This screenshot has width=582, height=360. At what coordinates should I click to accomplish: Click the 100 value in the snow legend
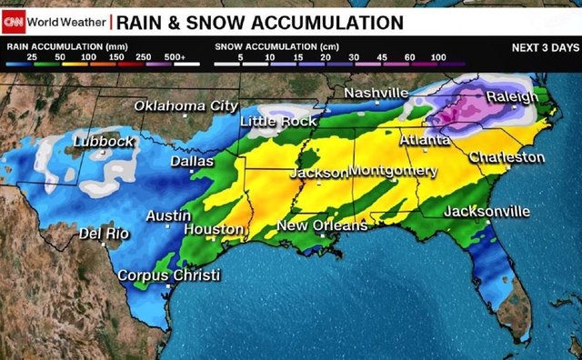click(x=438, y=57)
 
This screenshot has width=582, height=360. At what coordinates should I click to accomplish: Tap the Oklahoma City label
click(x=186, y=106)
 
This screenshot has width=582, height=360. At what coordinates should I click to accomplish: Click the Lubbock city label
click(x=104, y=141)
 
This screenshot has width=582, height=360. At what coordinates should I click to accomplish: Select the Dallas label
click(x=193, y=162)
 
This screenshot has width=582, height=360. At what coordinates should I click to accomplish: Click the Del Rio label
click(x=104, y=234)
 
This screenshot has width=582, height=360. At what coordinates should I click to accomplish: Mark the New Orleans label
click(x=322, y=225)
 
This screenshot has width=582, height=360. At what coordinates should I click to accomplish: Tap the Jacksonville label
click(x=487, y=212)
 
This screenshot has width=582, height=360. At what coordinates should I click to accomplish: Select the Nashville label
click(x=376, y=94)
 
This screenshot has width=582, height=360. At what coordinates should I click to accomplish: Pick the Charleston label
click(x=507, y=157)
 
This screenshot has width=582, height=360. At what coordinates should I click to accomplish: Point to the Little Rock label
click(x=278, y=121)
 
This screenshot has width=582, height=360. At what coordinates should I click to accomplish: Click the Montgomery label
click(x=393, y=171)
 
